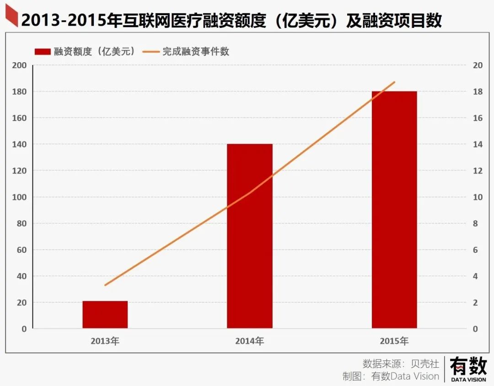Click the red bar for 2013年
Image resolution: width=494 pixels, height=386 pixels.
point(105,315)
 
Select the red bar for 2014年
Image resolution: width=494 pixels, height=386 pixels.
point(249,236)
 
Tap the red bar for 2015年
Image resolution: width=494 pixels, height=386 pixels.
point(394,209)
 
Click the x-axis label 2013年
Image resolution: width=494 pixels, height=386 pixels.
point(105,341)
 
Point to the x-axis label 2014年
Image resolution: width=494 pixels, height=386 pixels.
point(249,341)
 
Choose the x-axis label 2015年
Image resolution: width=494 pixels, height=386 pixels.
point(394,341)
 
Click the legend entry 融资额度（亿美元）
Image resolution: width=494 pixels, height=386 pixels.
point(85,52)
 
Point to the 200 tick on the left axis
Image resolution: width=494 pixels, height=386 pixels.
point(20,65)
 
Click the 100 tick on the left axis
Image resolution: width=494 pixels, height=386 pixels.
point(20,197)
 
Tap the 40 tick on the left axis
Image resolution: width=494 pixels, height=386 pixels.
point(21,276)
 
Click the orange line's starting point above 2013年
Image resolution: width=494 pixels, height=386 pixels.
point(105,285)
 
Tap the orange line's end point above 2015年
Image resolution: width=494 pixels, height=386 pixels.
point(394,82)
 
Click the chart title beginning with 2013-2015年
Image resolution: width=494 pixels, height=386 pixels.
point(231,21)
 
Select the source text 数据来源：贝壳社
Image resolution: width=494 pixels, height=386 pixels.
point(401,364)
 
